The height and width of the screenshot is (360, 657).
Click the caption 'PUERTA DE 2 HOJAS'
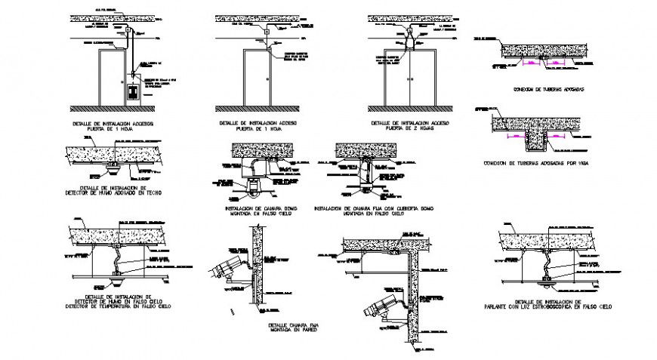click(412, 128)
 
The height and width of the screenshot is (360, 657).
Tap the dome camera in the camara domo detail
click(252, 187)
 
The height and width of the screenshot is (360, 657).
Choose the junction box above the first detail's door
click(129, 32)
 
